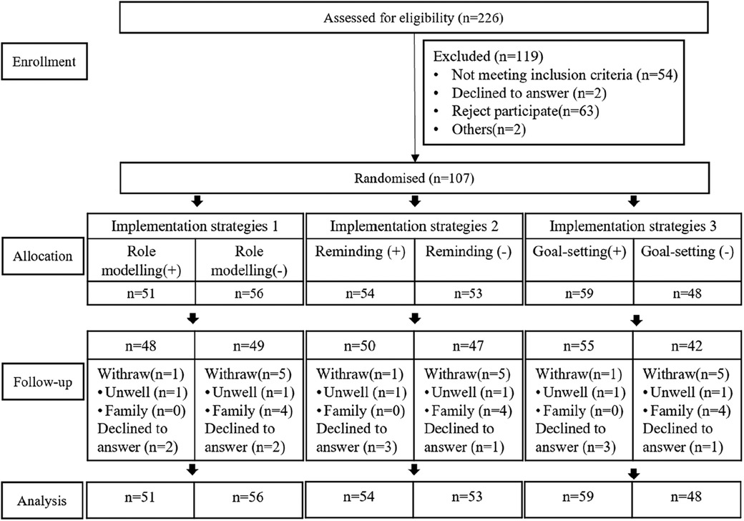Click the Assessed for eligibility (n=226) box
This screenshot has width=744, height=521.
tap(413, 18)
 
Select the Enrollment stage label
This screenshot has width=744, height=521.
tap(44, 62)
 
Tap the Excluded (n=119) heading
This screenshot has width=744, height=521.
tap(488, 57)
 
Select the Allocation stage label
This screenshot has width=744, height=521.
tap(43, 256)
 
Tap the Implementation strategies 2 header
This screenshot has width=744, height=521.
tap(414, 226)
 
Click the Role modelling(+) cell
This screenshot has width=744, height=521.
tap(142, 260)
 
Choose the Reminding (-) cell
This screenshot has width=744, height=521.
tap(469, 260)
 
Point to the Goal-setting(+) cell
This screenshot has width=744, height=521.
tap(579, 260)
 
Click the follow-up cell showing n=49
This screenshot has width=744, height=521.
tap(249, 346)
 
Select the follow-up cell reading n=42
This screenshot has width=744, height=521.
tap(687, 346)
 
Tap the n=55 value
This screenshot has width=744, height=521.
tap(579, 346)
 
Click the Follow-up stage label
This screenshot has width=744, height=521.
tap(43, 382)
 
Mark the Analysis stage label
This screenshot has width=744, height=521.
tap(41, 501)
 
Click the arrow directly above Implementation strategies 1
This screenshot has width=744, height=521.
tap(197, 202)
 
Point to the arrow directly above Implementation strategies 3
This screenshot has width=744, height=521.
tap(633, 202)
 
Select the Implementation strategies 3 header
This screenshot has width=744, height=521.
tap(633, 226)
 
